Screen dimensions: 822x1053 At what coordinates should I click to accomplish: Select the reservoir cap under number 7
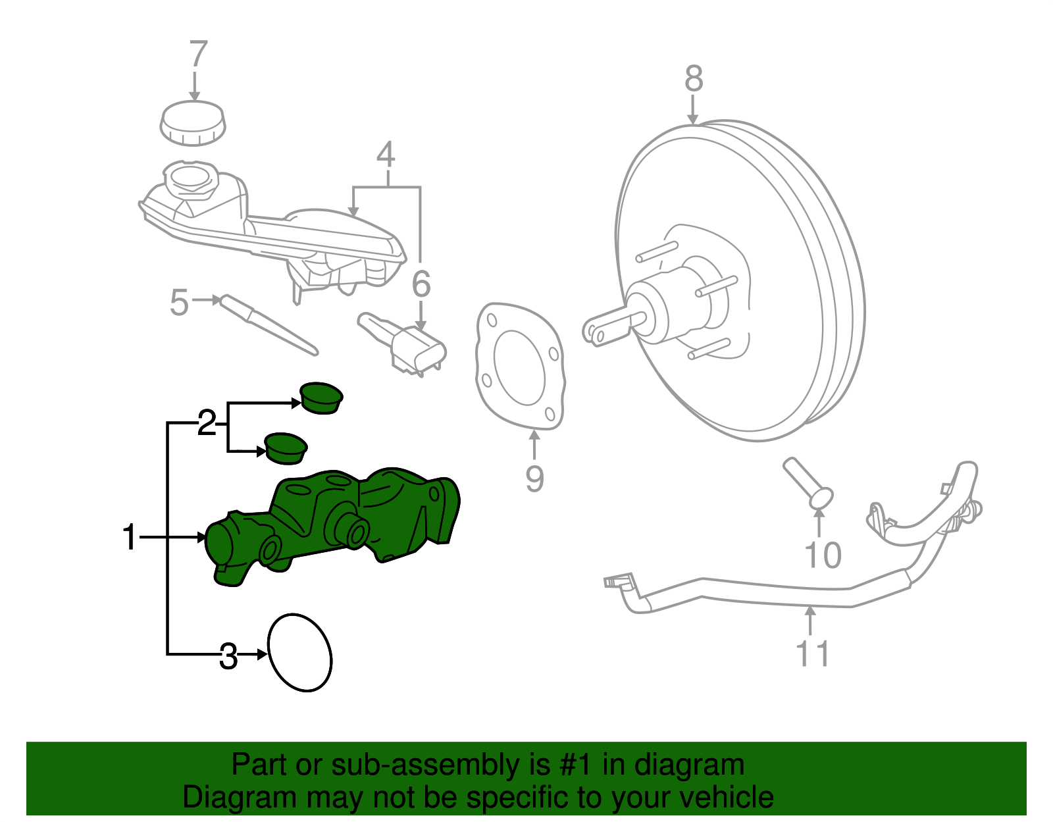coord(193,123)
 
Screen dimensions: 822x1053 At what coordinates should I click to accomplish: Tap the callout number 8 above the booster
coord(694,79)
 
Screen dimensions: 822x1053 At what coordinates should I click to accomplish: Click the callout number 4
coord(386,155)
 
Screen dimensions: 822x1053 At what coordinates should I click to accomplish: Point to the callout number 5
coord(179,303)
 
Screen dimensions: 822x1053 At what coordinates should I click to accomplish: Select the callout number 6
coord(421,284)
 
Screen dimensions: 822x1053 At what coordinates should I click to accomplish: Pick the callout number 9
coord(534,478)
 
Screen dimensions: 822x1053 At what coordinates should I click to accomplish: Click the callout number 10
coord(823,555)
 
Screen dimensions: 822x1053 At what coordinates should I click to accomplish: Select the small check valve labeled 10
coord(808,484)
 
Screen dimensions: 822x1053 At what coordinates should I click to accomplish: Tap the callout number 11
coord(813,653)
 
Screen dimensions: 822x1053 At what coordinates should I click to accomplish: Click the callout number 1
coord(130,538)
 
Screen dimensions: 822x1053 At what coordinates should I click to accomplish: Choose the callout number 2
coord(207,423)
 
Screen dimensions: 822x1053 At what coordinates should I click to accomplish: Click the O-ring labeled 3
coord(300,653)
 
